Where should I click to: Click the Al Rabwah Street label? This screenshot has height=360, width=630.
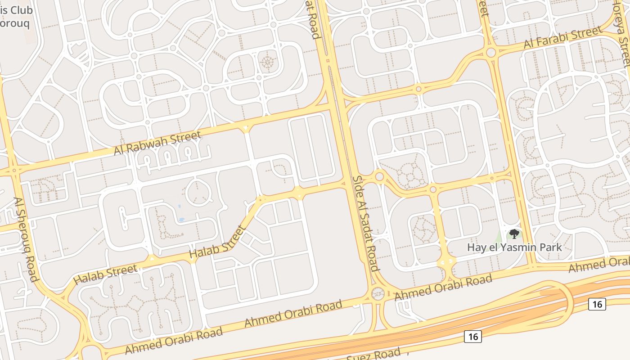coord(157,143)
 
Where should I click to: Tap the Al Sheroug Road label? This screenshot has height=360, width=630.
coord(26,239)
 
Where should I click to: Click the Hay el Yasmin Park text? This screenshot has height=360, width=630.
coord(514,247)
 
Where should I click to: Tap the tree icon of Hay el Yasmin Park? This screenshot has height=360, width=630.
coord(514,234)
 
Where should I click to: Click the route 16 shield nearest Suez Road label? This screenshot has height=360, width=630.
coord(472,336)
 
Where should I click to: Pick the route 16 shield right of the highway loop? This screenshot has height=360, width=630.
coord(597,304)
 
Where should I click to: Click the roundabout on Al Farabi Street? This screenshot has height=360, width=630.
coord(491,53)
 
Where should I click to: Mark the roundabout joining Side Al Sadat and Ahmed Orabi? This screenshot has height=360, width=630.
coord(378,294)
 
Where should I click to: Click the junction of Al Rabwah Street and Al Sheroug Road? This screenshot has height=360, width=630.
coord(14,171)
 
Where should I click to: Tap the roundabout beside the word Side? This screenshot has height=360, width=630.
coord(379,176)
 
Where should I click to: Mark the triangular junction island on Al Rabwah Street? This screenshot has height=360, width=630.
coord(245,129)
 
